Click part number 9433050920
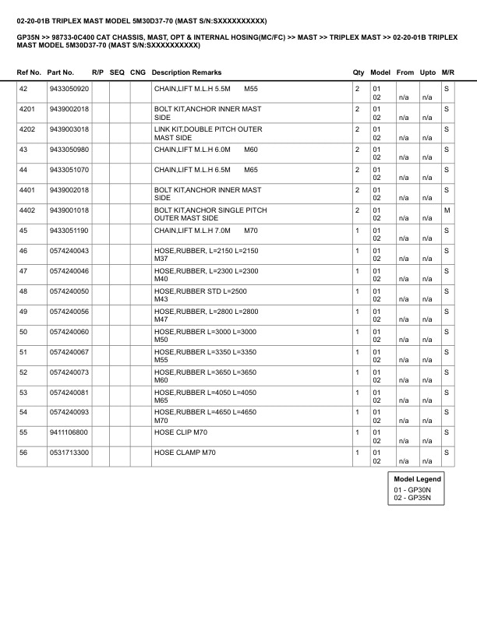[69, 90]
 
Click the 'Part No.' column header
[61, 72]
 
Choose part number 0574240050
[69, 291]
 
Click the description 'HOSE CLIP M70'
[181, 432]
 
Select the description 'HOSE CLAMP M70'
[185, 452]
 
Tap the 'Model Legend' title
[418, 479]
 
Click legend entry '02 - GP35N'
[412, 497]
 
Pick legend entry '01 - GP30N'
[412, 489]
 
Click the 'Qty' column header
[359, 72]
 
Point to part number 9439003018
[69, 129]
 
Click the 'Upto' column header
[427, 72]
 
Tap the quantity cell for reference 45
[357, 231]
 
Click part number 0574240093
[69, 411]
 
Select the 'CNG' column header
[138, 72]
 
